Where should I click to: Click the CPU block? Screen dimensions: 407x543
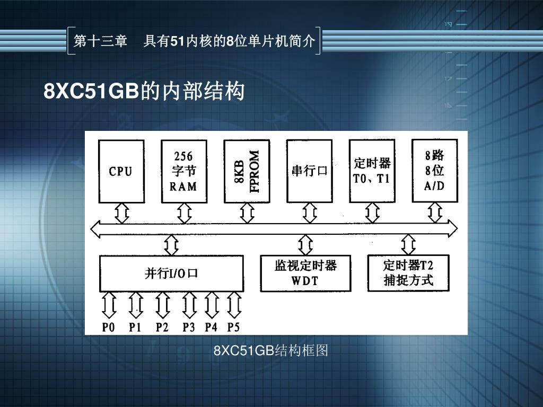click(x=121, y=171)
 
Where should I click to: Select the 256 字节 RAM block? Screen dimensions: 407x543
click(x=183, y=171)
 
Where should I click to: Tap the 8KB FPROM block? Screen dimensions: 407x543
click(x=247, y=171)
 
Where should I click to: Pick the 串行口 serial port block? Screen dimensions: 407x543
click(x=309, y=171)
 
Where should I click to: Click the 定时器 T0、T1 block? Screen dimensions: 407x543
click(x=372, y=171)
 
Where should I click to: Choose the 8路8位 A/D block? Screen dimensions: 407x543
click(x=434, y=171)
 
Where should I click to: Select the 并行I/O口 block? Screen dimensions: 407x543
click(x=171, y=273)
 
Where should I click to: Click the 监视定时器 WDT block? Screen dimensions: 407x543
click(x=305, y=273)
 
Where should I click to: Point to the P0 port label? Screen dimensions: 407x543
click(x=108, y=327)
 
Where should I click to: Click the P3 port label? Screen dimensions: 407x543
click(x=189, y=327)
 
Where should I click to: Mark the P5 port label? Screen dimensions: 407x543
click(x=233, y=327)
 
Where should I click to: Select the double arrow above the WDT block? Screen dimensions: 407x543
click(x=305, y=245)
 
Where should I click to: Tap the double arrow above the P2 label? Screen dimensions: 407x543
click(x=162, y=305)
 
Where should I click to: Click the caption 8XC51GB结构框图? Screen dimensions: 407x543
click(x=271, y=350)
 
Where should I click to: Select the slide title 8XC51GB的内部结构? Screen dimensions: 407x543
click(x=144, y=92)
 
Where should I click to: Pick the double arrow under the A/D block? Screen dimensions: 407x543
click(x=435, y=213)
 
